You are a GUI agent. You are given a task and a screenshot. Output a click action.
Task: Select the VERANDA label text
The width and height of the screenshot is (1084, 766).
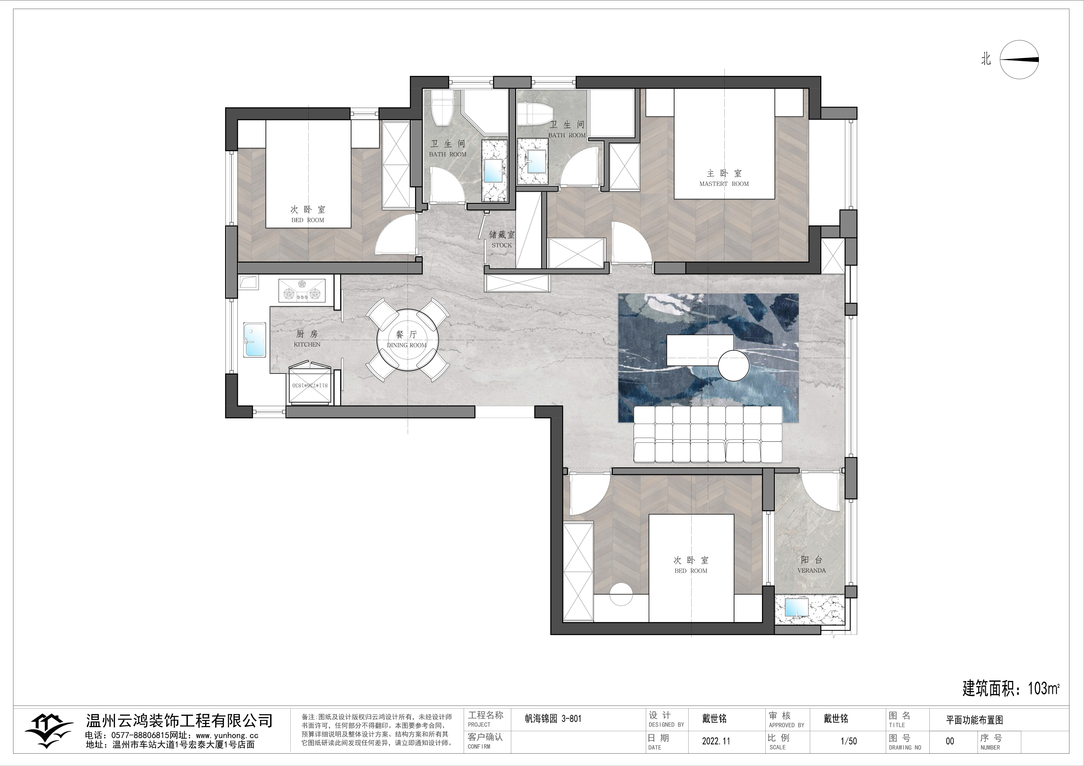(x=812, y=570)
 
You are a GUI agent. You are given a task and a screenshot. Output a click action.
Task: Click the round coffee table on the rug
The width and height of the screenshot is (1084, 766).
(x=734, y=365)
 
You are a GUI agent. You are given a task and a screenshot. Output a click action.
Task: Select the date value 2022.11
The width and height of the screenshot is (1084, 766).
(x=716, y=741)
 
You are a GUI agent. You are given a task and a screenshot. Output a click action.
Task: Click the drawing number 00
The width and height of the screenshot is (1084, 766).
(x=950, y=741)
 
